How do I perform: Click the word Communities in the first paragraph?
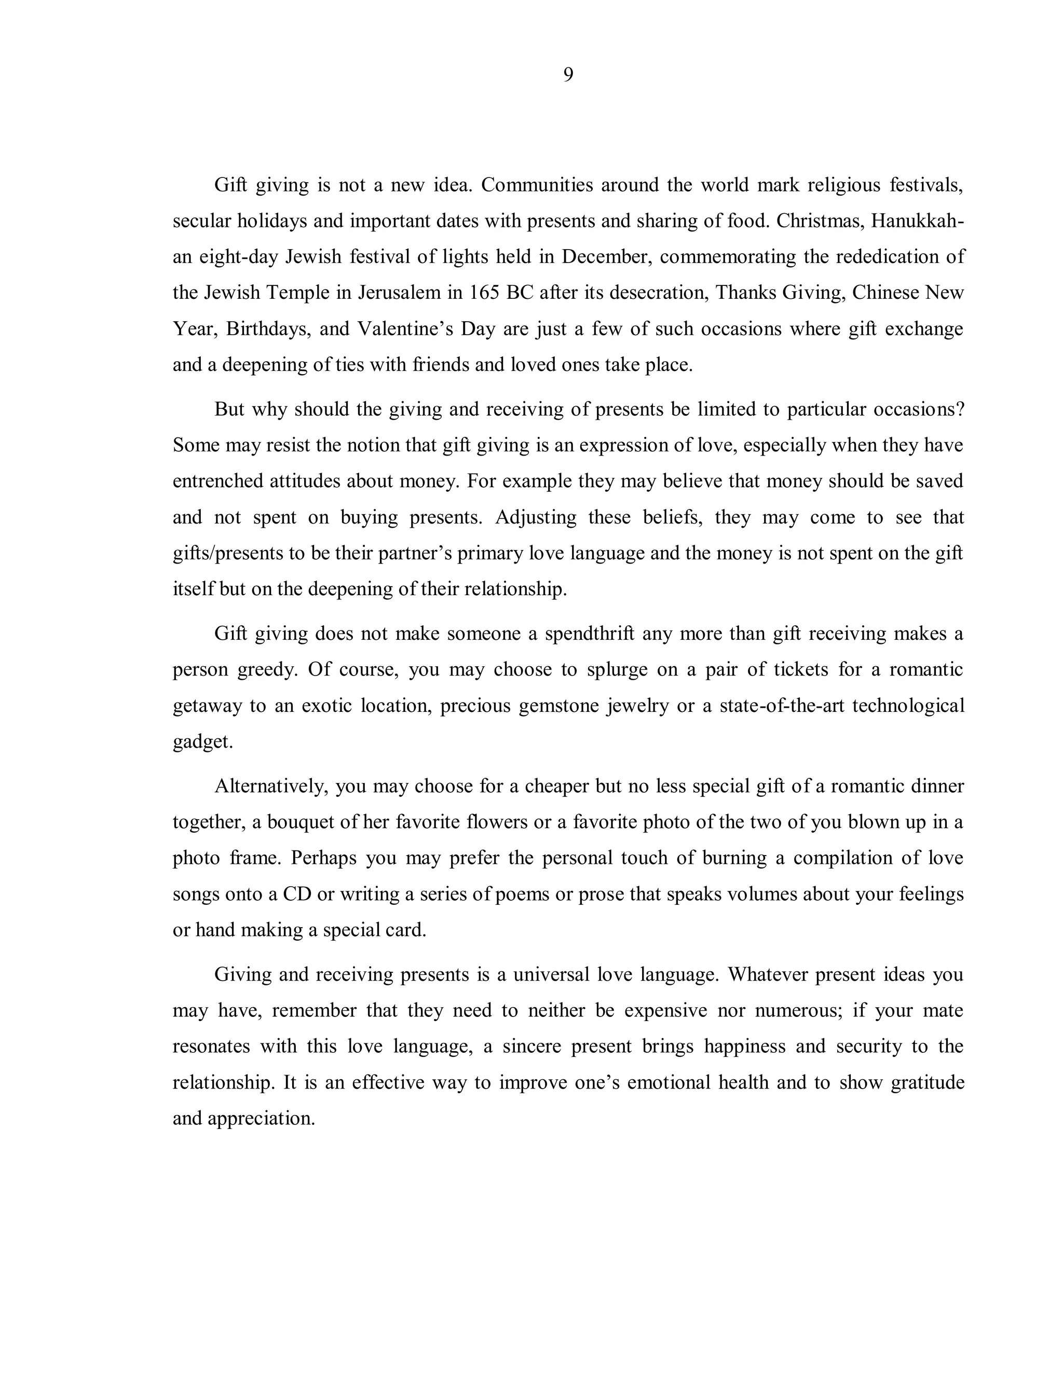click(x=537, y=185)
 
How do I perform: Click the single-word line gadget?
click(x=203, y=741)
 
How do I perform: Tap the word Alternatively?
click(x=269, y=786)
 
